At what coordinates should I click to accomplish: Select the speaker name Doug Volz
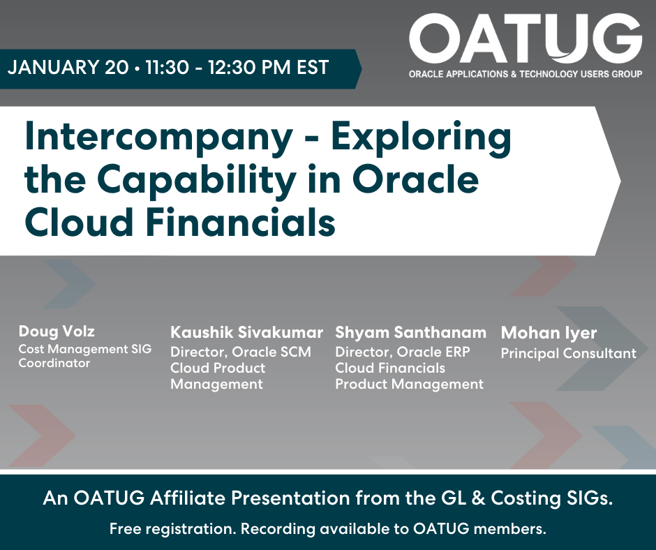57,330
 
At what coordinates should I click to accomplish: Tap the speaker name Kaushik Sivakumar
247,332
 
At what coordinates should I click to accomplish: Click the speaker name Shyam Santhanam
410,332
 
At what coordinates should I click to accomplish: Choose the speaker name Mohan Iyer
549,332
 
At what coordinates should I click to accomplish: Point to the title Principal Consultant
568,353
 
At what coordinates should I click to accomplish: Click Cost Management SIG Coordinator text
84,355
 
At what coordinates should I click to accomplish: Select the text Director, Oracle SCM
241,352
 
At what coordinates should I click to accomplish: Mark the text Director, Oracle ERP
403,352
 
